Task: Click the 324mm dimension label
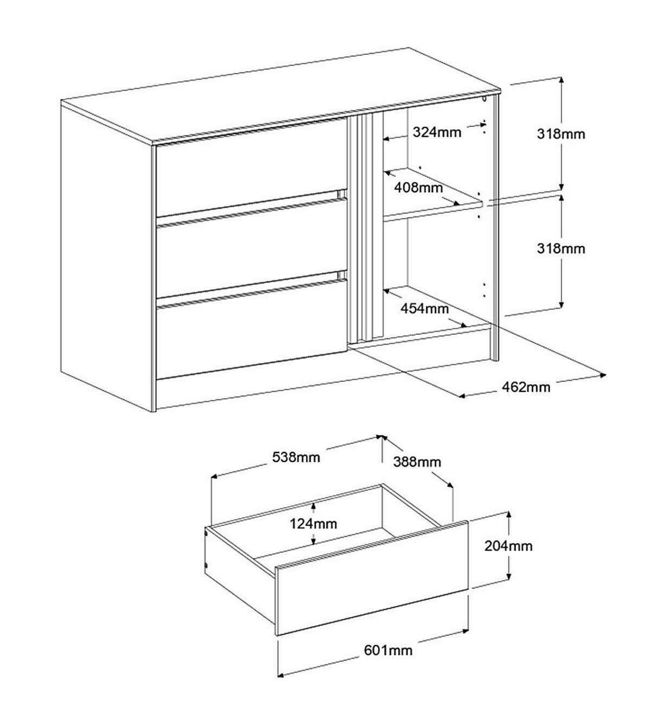(437, 132)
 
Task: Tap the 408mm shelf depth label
(418, 187)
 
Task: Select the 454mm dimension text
(424, 309)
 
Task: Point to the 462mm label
(526, 387)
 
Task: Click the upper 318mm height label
(561, 134)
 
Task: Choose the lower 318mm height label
(561, 249)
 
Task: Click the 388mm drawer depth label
(417, 462)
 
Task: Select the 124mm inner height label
(314, 524)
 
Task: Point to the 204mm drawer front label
(508, 546)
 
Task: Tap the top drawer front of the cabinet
(251, 167)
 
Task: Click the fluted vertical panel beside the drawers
(366, 228)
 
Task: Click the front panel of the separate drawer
(372, 579)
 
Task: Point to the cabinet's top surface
(280, 96)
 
